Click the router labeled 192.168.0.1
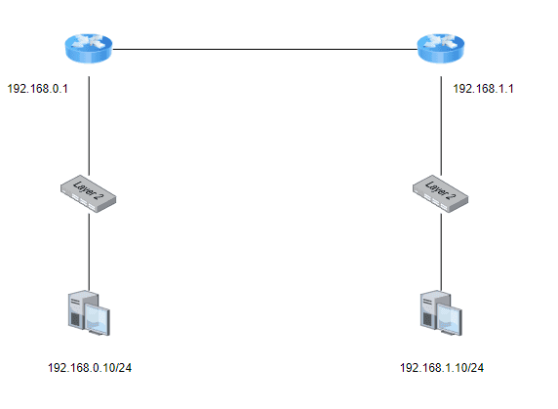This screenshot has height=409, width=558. point(89,49)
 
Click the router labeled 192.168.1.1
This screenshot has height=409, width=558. point(441,49)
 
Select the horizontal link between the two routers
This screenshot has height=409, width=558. point(264,49)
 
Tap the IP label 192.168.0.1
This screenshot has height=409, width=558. point(37,89)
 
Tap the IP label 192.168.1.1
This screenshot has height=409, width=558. point(483,89)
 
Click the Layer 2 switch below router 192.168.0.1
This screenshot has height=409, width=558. point(88,193)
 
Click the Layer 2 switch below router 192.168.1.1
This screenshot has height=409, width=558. point(441,193)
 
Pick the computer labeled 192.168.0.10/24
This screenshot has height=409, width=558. point(89,313)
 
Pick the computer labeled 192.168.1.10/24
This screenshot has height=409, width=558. point(441,313)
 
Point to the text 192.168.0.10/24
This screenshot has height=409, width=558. point(90,368)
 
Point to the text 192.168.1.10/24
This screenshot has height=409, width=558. point(442,368)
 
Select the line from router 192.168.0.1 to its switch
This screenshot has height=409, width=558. point(89,126)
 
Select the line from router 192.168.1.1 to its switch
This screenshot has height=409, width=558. point(441,126)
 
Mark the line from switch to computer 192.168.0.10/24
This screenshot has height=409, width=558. point(89,252)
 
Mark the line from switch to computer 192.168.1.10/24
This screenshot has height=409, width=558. point(441,252)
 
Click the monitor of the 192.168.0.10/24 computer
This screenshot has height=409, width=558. point(98,318)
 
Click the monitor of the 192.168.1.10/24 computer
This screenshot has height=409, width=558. point(450,318)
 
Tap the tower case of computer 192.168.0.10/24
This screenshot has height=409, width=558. point(77,308)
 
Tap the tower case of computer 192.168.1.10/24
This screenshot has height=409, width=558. point(429,308)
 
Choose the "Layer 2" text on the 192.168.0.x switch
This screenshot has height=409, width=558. point(86,190)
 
